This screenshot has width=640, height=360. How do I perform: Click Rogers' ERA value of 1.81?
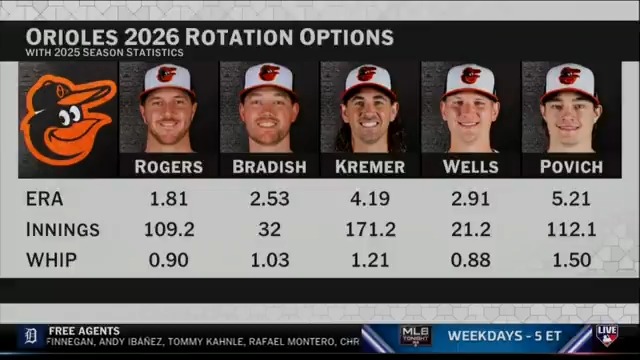[169, 199]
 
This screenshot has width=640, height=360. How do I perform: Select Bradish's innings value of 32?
[269, 229]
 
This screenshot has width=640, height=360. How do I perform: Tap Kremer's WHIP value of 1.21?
[370, 259]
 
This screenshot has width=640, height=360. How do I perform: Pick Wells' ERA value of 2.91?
[470, 199]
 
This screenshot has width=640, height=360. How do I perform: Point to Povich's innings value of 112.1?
[572, 229]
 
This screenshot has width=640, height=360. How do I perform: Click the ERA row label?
[44, 199]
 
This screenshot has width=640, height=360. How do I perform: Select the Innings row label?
[63, 229]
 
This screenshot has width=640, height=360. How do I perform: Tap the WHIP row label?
[50, 259]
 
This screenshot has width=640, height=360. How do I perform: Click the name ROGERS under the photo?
[168, 167]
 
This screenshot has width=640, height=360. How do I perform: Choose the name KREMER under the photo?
[370, 167]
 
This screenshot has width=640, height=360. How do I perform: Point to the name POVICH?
[571, 167]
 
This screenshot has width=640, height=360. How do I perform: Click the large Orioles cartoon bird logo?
[67, 119]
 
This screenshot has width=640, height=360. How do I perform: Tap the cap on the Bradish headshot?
[269, 77]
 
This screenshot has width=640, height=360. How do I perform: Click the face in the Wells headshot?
[470, 112]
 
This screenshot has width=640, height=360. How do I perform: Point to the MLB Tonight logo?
[415, 336]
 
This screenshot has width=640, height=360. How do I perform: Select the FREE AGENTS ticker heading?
[84, 330]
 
